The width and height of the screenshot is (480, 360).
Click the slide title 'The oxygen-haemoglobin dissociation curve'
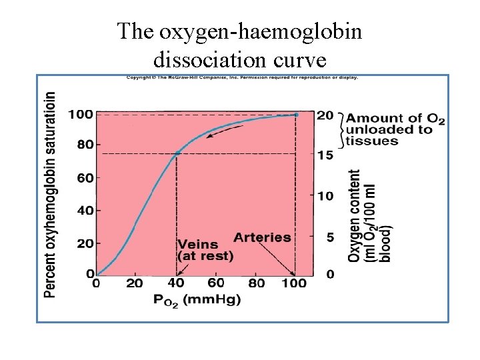240,45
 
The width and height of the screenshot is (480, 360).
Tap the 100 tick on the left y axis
81,115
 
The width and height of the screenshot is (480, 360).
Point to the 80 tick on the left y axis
84,145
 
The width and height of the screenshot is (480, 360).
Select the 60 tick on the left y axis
84,178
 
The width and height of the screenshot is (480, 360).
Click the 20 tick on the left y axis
84,243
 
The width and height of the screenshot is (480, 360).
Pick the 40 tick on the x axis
175,283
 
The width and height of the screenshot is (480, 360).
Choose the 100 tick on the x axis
293,283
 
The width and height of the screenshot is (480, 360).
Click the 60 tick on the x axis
215,283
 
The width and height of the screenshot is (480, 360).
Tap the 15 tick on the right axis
324,155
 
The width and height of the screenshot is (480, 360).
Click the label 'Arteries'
262,237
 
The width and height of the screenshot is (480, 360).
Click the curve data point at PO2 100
296,115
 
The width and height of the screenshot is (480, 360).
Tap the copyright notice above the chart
242,77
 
